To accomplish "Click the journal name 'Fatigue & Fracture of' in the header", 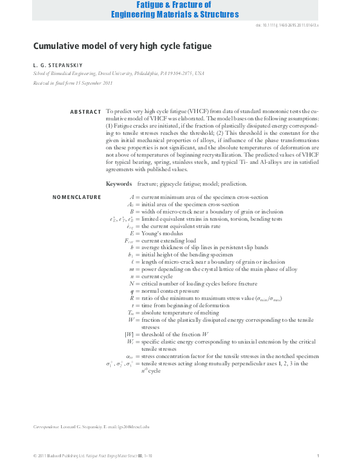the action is point(179,5).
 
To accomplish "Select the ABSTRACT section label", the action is point(85,112).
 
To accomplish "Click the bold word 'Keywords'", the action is point(119,183).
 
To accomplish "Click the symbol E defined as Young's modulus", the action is point(132,233).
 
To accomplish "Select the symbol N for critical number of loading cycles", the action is point(131,284).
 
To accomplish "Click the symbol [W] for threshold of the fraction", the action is point(129,334).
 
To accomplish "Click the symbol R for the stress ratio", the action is point(132,298).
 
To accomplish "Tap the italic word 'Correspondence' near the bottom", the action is point(46,427).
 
